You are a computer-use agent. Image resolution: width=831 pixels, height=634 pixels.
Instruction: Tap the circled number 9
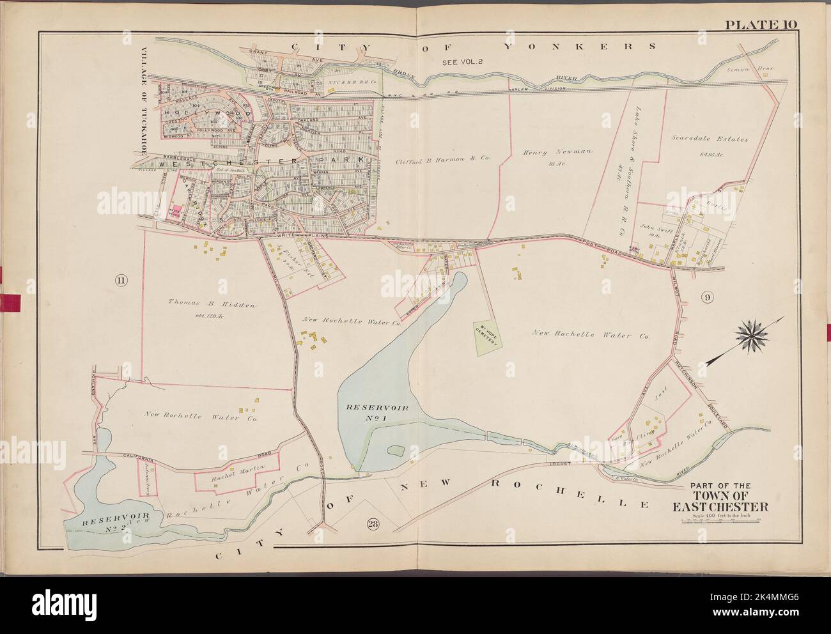706,297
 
